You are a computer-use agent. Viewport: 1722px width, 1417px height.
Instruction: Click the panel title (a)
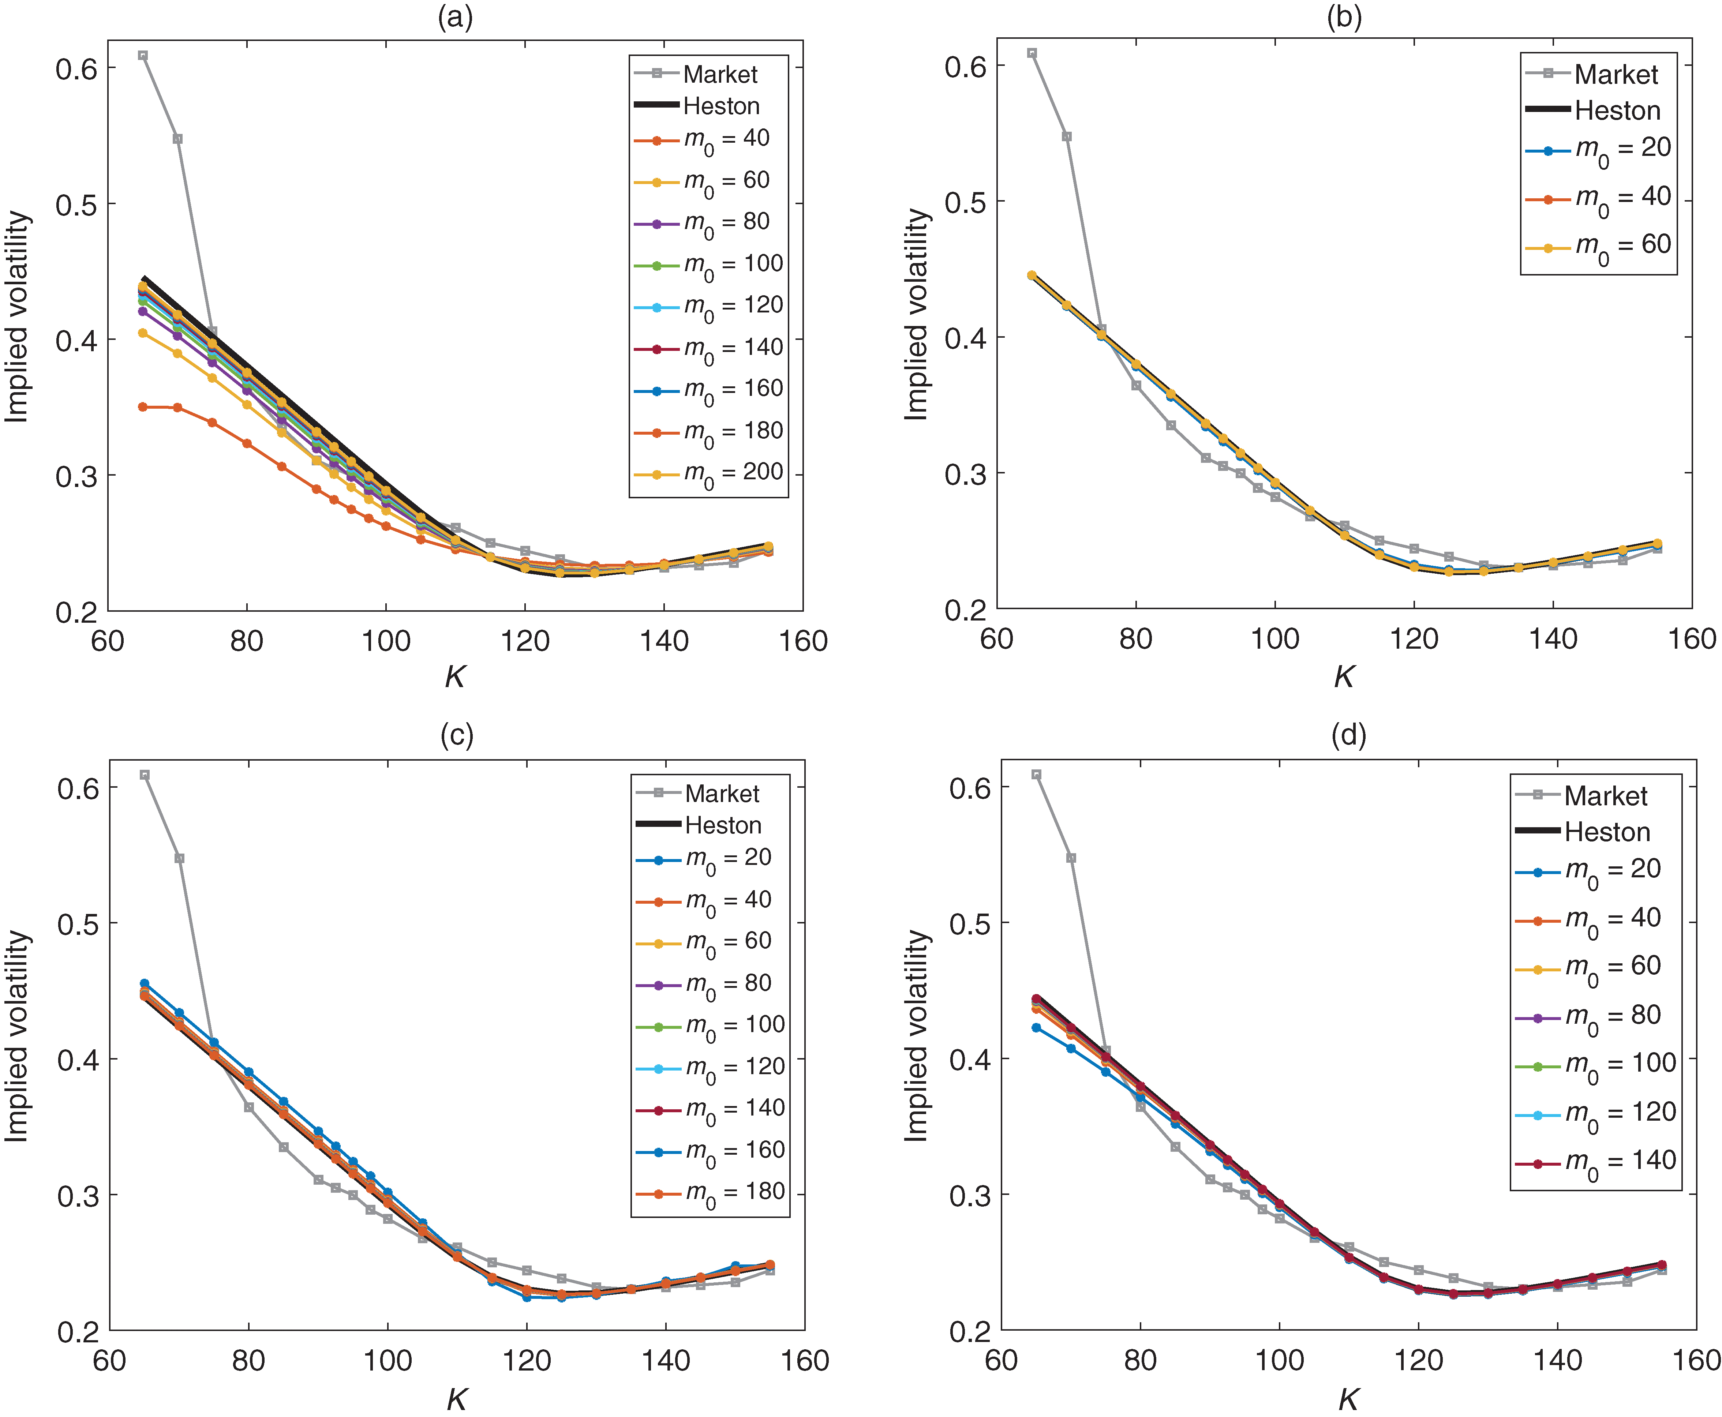pos(455,17)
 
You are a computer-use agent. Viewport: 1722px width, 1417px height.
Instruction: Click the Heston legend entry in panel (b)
pos(1597,110)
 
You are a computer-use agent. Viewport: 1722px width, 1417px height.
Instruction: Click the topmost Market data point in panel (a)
pos(143,56)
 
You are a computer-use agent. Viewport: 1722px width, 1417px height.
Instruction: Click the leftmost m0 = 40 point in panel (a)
pos(143,406)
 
